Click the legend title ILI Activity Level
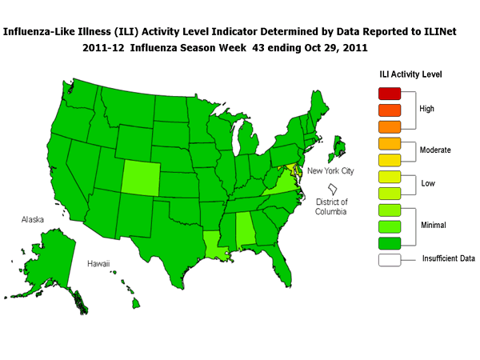click(410, 74)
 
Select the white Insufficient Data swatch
click(388, 259)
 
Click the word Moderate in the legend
click(436, 150)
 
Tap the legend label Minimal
click(434, 226)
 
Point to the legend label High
click(429, 107)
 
